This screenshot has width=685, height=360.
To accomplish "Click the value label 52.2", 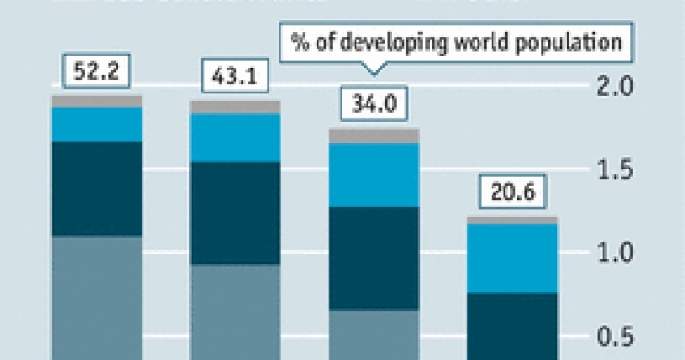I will [x=96, y=68].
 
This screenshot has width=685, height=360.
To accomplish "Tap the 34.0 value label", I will [x=374, y=104].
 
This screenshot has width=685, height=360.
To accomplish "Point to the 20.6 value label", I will [x=513, y=195].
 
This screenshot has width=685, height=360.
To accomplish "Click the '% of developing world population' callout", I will [x=454, y=43].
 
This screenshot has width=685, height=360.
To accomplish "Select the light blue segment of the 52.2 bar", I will [x=96, y=124].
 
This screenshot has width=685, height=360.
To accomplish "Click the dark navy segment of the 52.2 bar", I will [x=96, y=188].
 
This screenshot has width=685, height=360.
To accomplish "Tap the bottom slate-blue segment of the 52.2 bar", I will [x=96, y=296].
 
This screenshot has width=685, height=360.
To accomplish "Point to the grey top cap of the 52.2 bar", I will [x=96, y=101].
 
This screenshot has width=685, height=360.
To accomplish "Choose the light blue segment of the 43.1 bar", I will [x=235, y=137].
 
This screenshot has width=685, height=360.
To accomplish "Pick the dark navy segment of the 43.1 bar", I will [x=235, y=213].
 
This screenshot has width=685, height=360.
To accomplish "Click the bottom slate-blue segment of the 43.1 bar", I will [x=235, y=311].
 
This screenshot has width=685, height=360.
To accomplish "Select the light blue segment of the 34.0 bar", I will [x=374, y=175].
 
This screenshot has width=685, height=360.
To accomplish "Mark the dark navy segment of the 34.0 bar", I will [x=374, y=257].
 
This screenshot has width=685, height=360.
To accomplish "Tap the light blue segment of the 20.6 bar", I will [x=513, y=258].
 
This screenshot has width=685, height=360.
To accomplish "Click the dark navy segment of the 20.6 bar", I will [x=513, y=324].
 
